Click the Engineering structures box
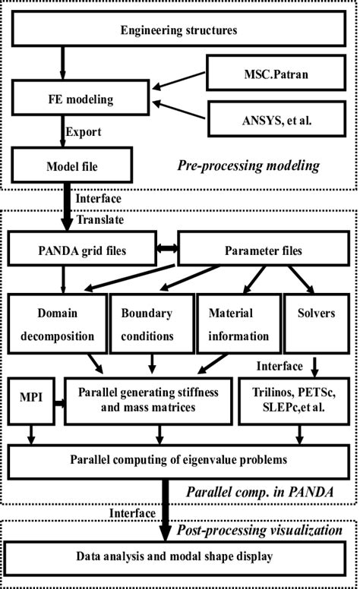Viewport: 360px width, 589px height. (x=179, y=31)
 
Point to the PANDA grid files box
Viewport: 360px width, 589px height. (x=81, y=248)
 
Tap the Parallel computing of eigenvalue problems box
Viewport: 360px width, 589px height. (x=179, y=459)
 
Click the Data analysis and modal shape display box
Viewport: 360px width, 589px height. (x=179, y=556)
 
